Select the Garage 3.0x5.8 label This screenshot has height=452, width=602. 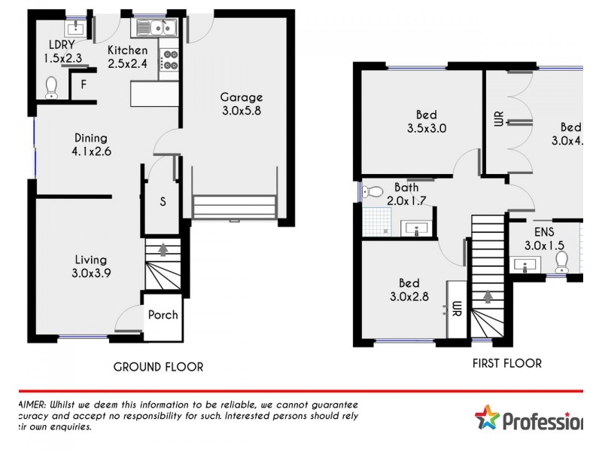pos(241,104)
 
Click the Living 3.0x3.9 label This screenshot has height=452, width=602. pos(90,267)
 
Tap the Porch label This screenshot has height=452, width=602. pos(163,315)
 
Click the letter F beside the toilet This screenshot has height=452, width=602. pos(84,85)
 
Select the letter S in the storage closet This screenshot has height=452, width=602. pos(163,202)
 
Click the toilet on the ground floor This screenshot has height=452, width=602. pos(52,88)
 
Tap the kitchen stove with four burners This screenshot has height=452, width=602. pos(168,60)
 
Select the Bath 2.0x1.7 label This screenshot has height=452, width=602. pos(406,194)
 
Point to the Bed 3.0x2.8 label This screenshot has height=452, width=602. pos(409,291)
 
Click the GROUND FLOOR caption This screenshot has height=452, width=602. pos(158,367)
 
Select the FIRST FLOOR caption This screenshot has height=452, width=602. pos(506,362)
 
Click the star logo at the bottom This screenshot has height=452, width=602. pos(488,418)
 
